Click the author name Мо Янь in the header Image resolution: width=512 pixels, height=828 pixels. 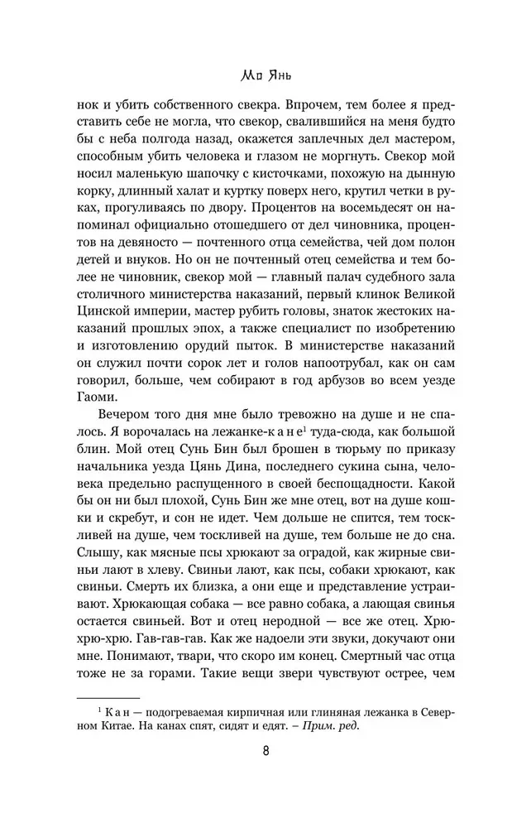point(256,76)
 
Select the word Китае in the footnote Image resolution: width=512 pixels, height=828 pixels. point(118,726)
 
